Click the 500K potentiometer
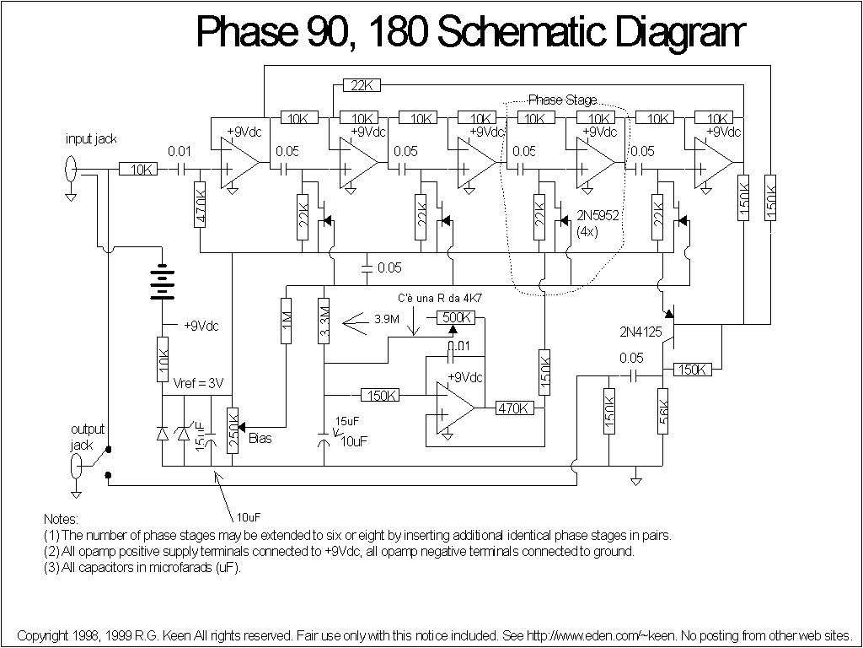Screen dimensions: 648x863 (x=456, y=317)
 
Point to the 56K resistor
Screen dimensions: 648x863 (x=663, y=413)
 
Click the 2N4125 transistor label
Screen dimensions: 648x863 (x=638, y=332)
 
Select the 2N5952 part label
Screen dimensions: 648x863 (x=598, y=216)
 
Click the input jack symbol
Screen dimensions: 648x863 (x=70, y=169)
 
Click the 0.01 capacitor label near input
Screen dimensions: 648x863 (x=180, y=151)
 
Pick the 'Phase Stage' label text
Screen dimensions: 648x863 (x=562, y=100)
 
